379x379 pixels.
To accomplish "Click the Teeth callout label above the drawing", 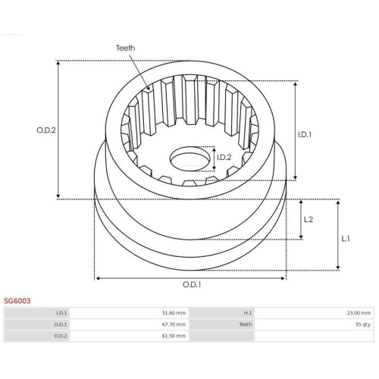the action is [126, 48].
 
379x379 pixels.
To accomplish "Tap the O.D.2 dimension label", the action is [46, 130].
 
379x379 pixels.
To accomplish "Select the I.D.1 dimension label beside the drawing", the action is [305, 135].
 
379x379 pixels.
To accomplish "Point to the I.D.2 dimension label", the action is [224, 158].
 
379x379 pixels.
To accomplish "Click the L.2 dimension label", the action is [309, 219].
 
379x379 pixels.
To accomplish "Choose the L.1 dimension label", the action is [346, 239].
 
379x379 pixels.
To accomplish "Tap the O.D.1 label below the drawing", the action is [192, 285].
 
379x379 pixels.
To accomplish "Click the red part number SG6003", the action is [17, 301].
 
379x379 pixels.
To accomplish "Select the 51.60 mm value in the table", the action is [174, 313].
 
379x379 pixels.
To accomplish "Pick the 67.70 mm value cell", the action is [174, 324].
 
